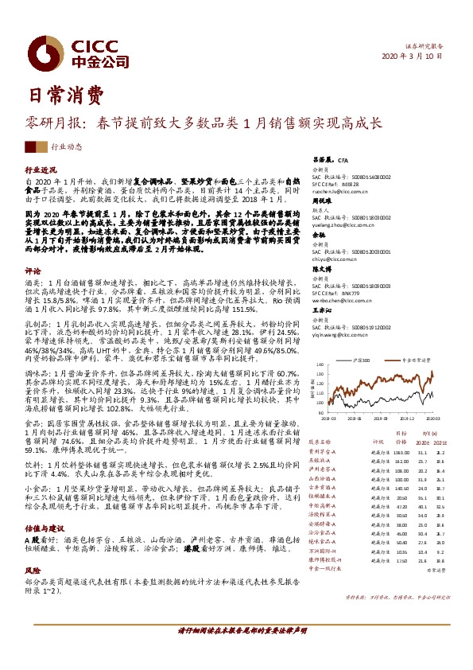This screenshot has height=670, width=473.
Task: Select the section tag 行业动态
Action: click(67, 146)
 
